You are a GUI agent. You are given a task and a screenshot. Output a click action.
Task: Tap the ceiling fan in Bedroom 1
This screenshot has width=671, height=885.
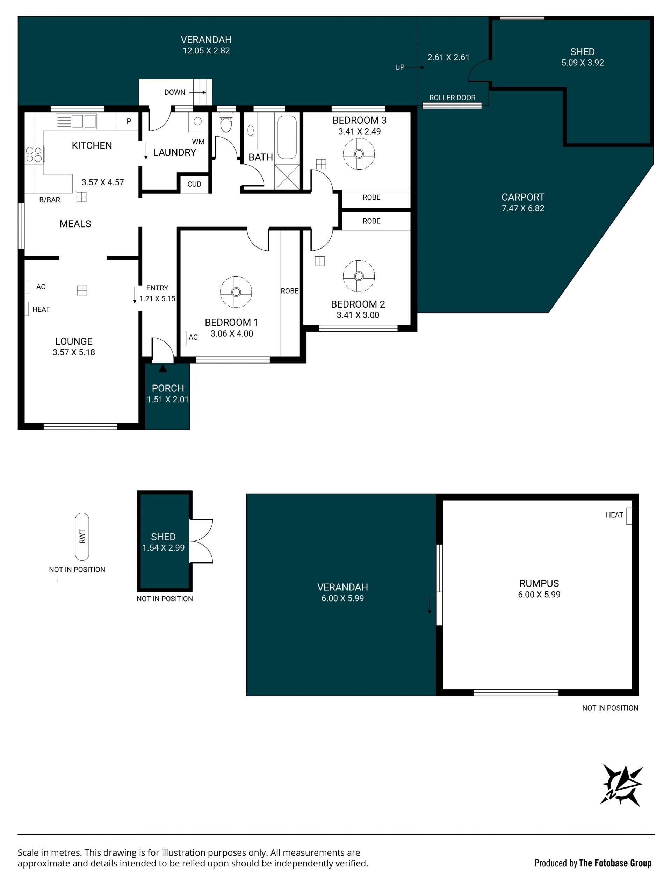(x=236, y=292)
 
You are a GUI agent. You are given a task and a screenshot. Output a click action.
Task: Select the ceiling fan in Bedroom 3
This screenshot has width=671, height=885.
(x=359, y=154)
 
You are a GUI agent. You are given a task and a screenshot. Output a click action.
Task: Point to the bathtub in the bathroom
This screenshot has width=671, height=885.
(x=287, y=137)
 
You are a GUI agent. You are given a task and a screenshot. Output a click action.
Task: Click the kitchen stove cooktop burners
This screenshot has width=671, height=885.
(x=34, y=154)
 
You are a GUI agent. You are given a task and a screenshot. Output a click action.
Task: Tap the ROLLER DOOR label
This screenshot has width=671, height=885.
(x=452, y=98)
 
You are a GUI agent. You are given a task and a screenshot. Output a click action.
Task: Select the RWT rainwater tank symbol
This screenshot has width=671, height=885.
(x=82, y=537)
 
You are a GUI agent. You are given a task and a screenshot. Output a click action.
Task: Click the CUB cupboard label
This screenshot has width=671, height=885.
(x=194, y=184)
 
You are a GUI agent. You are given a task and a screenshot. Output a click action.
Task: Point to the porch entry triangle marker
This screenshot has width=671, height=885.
(x=163, y=368)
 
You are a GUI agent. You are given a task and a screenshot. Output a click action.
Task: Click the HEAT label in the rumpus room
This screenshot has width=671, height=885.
(x=614, y=515)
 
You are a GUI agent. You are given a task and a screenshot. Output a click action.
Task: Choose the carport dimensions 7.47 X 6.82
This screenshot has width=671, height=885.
(x=523, y=208)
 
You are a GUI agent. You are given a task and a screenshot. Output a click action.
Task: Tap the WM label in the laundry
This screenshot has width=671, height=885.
(x=198, y=142)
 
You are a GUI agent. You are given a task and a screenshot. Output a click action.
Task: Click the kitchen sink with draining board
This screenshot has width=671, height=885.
(x=76, y=121)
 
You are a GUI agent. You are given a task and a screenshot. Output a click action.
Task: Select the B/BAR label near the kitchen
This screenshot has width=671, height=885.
(x=50, y=200)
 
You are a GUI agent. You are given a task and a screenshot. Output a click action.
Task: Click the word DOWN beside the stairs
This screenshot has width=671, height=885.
(x=175, y=92)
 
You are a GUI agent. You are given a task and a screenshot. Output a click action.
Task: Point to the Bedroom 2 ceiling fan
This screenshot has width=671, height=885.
(x=359, y=276)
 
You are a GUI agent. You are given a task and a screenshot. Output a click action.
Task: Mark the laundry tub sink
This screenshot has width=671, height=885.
(x=198, y=122)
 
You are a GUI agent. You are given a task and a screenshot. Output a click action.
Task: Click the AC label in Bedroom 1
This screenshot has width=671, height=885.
(x=193, y=337)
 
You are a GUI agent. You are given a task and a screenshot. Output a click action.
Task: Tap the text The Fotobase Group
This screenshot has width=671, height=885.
(x=615, y=863)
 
